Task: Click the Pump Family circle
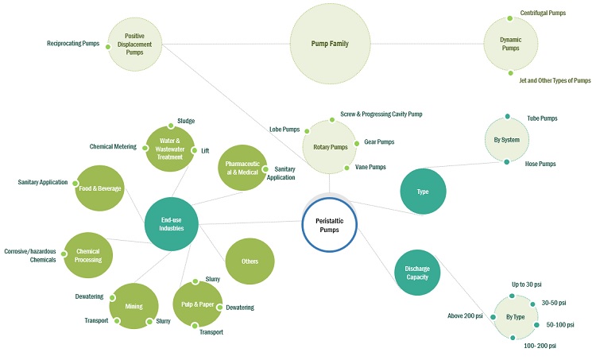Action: click(329, 43)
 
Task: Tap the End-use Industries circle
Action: click(172, 224)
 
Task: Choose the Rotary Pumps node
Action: click(329, 146)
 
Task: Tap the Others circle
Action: click(250, 261)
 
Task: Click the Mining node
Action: click(134, 305)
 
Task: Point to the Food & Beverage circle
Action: click(99, 188)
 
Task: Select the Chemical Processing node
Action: click(88, 255)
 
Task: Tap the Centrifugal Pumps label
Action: click(543, 14)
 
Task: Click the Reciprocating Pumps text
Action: click(73, 44)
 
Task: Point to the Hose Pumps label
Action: click(541, 164)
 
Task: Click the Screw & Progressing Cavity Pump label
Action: click(381, 114)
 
